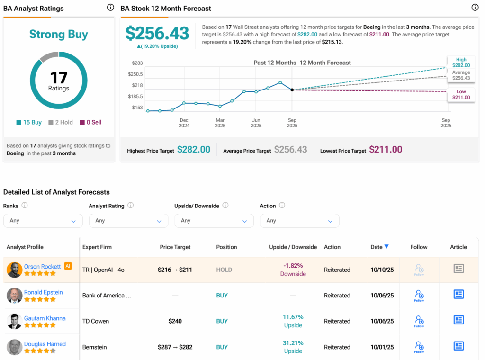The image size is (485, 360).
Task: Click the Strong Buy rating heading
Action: click(x=58, y=35)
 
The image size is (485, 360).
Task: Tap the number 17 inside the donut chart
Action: click(x=59, y=78)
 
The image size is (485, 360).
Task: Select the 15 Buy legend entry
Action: click(x=29, y=122)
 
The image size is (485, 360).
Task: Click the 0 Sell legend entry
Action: click(x=90, y=122)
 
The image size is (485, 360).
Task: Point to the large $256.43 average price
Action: click(x=157, y=33)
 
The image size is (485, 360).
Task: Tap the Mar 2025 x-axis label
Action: click(x=220, y=123)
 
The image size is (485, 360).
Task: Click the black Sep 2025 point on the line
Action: click(x=292, y=90)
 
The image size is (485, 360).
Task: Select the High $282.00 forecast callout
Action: click(x=461, y=63)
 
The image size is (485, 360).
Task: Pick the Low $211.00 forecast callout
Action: click(x=461, y=94)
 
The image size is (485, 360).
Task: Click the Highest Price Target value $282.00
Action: click(x=193, y=150)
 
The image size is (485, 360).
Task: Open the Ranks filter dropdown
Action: click(x=43, y=221)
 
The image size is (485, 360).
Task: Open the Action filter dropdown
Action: click(x=299, y=221)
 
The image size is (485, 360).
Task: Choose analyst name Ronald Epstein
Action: click(x=43, y=292)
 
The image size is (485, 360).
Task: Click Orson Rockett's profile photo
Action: click(x=14, y=270)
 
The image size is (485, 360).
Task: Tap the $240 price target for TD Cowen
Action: click(x=175, y=321)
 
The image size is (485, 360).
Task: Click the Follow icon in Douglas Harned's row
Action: click(x=419, y=347)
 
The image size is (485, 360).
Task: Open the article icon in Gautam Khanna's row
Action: click(x=458, y=321)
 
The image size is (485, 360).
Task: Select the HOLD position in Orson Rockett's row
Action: click(x=224, y=270)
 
